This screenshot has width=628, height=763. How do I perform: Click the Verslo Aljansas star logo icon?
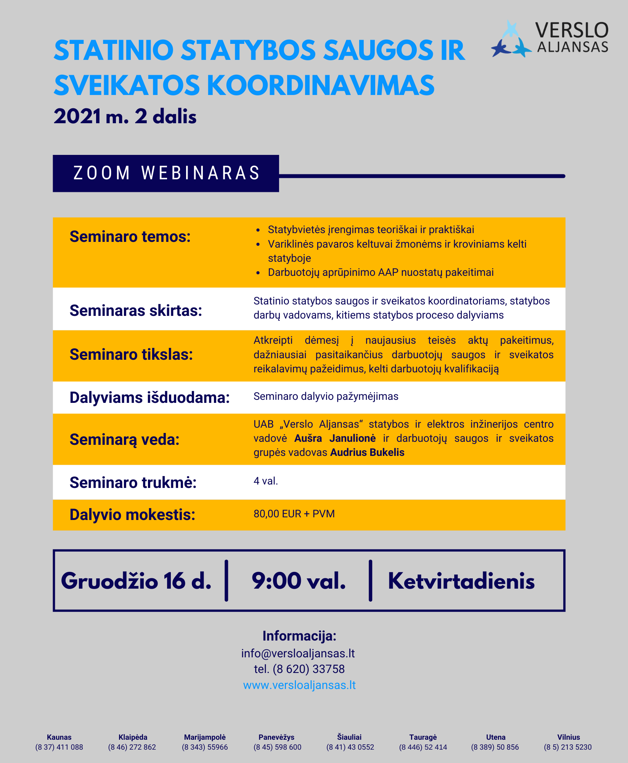click(x=511, y=40)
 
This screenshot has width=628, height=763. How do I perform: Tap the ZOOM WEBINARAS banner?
click(x=166, y=173)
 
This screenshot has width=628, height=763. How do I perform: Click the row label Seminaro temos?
click(x=130, y=237)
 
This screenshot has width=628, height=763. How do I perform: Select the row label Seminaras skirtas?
click(x=136, y=311)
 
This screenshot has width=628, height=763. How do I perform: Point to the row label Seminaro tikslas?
click(x=131, y=354)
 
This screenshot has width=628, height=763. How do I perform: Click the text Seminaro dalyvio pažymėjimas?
click(x=326, y=396)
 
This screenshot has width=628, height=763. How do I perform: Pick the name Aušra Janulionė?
click(x=335, y=438)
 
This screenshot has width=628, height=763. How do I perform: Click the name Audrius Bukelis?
click(x=367, y=452)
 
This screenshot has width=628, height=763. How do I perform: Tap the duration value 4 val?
click(x=266, y=481)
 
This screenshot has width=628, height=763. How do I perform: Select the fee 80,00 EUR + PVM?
click(x=294, y=514)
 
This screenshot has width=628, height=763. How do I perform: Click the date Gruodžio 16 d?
click(x=136, y=581)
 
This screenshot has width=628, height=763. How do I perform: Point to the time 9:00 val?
click(x=299, y=581)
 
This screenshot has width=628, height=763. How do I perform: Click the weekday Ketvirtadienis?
click(x=461, y=581)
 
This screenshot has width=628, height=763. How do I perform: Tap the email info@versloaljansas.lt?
click(x=298, y=654)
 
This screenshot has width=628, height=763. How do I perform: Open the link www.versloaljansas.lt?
click(x=299, y=685)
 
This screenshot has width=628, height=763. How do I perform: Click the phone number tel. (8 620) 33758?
click(x=299, y=669)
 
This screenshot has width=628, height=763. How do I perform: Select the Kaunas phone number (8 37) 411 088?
click(x=59, y=747)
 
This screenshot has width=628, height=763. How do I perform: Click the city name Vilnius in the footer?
click(x=568, y=737)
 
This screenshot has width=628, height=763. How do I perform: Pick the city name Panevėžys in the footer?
click(x=276, y=737)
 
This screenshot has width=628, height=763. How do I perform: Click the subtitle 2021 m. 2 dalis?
click(x=125, y=117)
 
